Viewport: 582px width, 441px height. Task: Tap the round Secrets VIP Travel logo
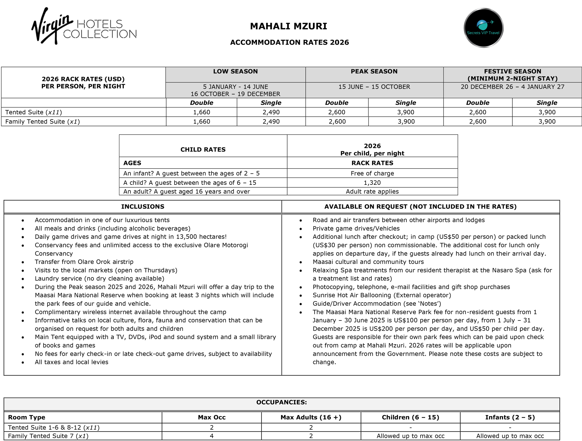(x=483, y=28)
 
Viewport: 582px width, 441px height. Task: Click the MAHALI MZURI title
(x=288, y=26)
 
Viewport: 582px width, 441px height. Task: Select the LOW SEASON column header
(x=235, y=71)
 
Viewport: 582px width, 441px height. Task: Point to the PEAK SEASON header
(x=374, y=71)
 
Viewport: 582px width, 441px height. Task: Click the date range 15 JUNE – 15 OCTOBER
(x=374, y=87)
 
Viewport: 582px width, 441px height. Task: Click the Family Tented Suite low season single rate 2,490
(x=271, y=122)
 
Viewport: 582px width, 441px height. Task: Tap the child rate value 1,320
(x=372, y=183)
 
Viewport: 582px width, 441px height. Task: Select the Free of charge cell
(x=372, y=173)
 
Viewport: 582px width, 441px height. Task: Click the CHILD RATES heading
(x=203, y=150)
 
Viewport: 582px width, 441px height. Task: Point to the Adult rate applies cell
(x=372, y=192)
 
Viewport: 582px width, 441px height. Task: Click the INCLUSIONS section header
(x=143, y=207)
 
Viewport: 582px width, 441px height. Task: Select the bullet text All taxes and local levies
(x=71, y=362)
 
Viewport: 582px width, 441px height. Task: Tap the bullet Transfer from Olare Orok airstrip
(x=84, y=262)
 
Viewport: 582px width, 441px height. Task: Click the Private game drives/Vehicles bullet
(x=356, y=229)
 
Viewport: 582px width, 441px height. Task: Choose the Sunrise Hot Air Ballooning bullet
(x=382, y=295)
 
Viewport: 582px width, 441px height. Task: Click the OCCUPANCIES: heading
(x=281, y=402)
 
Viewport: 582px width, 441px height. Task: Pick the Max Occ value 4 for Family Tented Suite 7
(x=211, y=436)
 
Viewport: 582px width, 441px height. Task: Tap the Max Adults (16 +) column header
(x=311, y=417)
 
